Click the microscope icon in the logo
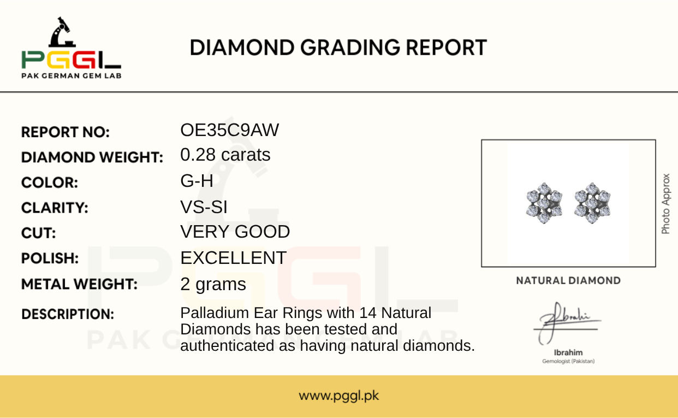(x=62, y=32)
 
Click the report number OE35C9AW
(x=229, y=130)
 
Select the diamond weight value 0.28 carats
(x=225, y=155)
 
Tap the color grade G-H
(x=197, y=181)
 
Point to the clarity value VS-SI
(x=204, y=207)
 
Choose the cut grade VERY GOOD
(x=235, y=232)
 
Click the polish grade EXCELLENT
(x=233, y=258)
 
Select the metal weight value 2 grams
(x=213, y=284)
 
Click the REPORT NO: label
(x=66, y=132)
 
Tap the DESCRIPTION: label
(x=68, y=314)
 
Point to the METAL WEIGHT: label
(x=79, y=284)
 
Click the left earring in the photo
(x=544, y=203)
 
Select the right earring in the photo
(x=592, y=203)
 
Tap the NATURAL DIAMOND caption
(x=568, y=281)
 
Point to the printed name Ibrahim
(x=568, y=352)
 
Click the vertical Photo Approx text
(x=665, y=204)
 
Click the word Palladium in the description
(x=215, y=313)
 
